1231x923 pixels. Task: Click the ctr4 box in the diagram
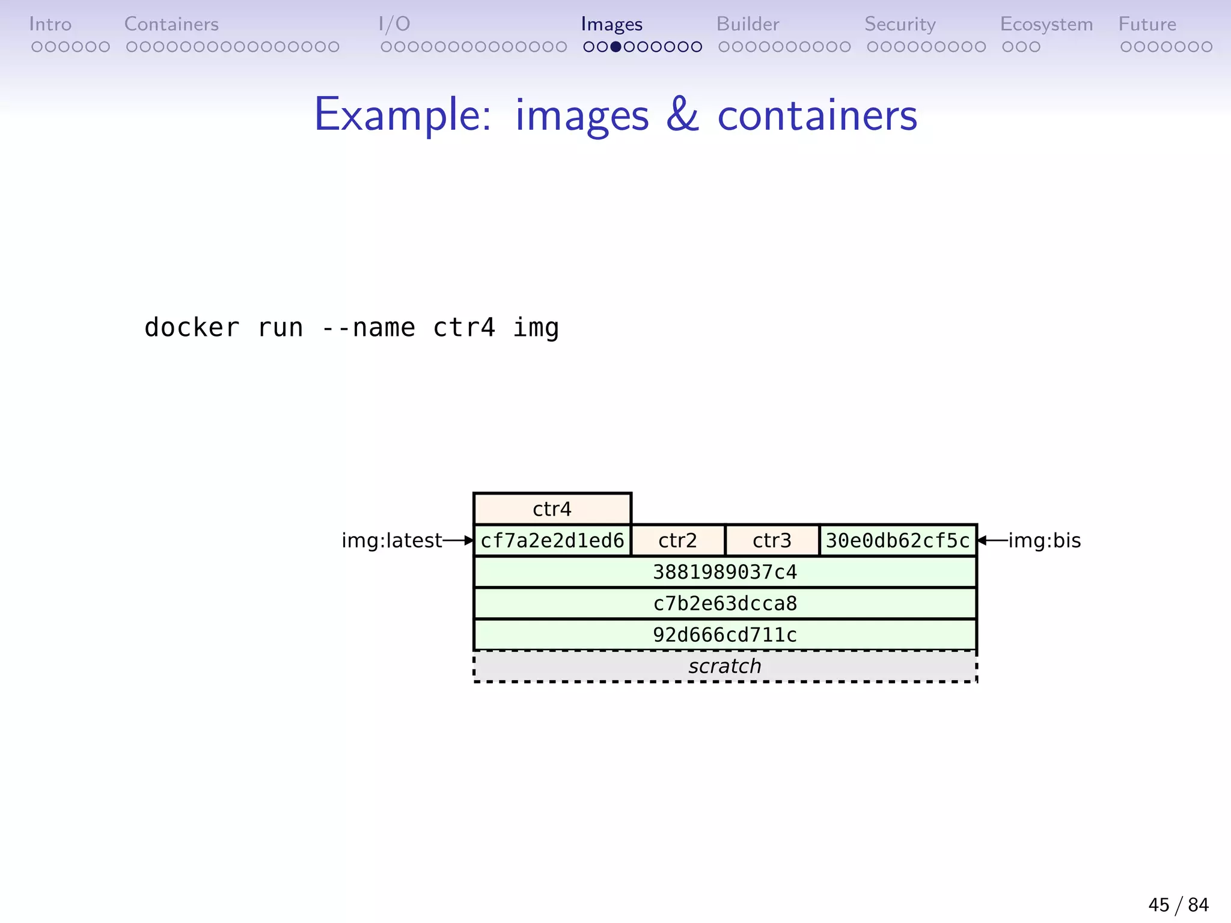[x=552, y=509]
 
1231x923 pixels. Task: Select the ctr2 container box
[x=677, y=540]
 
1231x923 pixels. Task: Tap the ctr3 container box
[x=772, y=540]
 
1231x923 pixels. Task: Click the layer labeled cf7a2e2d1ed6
[x=552, y=540]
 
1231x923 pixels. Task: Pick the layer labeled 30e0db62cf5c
[x=897, y=540]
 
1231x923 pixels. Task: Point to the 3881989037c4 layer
[x=725, y=571]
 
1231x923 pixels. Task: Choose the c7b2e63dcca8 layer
[x=725, y=603]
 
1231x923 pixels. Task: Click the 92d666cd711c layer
[x=725, y=635]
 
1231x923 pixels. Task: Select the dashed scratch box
[x=725, y=666]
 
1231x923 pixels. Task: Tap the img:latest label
[x=391, y=540]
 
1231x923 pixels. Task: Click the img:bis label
[x=1045, y=540]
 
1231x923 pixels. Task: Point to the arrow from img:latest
[x=459, y=540]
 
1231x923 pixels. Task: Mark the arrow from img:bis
[x=992, y=540]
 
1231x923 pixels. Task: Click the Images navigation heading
[x=611, y=24]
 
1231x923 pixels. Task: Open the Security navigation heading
[x=900, y=24]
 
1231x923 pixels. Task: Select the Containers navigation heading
[x=171, y=24]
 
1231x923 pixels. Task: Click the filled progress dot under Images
[x=615, y=47]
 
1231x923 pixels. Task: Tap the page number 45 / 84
[x=1178, y=904]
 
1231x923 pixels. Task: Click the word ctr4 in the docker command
[x=464, y=328]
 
